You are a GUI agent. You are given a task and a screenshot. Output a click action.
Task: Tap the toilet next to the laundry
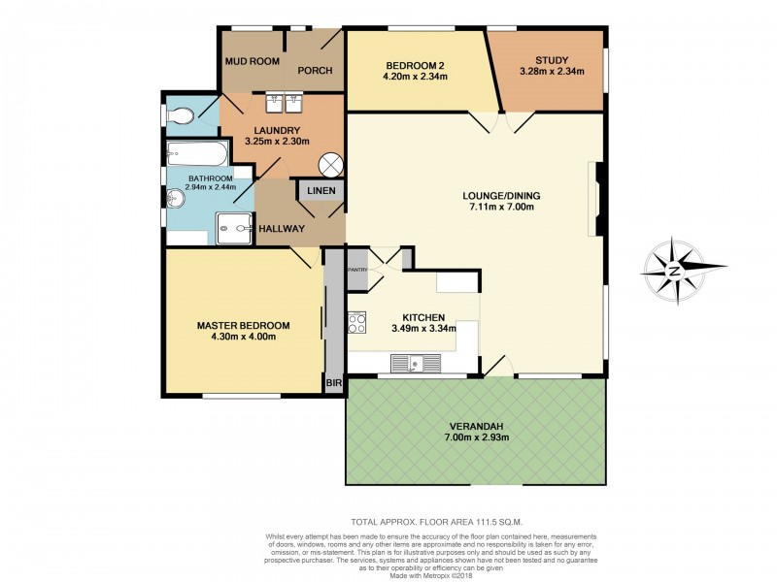[180, 116]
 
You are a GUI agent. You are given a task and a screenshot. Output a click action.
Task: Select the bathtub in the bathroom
[197, 153]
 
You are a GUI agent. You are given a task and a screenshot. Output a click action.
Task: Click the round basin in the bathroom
[175, 199]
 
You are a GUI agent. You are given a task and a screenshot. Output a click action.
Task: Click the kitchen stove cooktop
[356, 321]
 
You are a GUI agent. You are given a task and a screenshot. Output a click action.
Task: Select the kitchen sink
[416, 364]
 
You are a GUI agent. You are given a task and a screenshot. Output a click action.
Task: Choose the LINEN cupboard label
[321, 190]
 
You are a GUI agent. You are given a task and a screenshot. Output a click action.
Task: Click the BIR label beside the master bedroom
[333, 383]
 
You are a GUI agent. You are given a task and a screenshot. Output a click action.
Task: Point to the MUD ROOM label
[253, 61]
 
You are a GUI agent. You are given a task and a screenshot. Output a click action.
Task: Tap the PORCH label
[316, 70]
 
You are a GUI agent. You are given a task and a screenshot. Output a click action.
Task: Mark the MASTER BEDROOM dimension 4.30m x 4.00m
[237, 338]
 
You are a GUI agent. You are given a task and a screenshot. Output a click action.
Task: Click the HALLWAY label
[282, 228]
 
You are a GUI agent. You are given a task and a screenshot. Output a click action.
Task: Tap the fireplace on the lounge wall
[596, 199]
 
